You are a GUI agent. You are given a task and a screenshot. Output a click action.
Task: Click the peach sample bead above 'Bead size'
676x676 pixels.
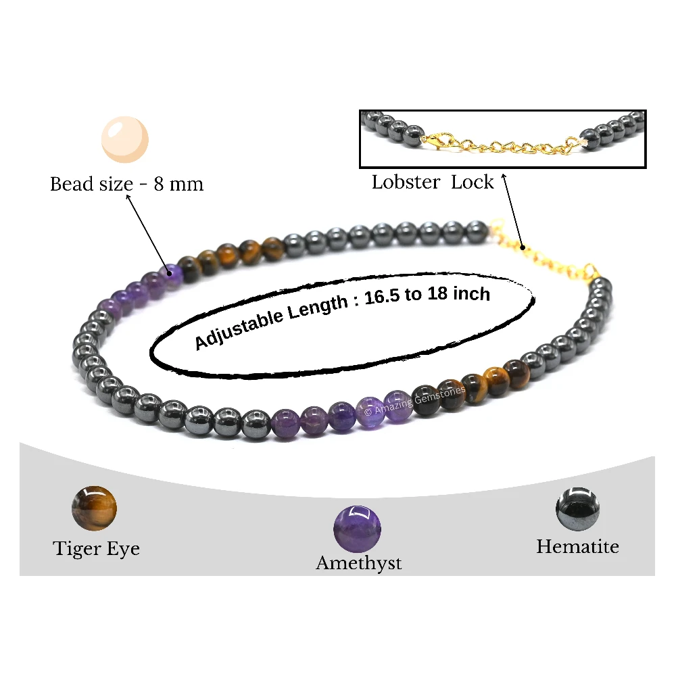(x=125, y=139)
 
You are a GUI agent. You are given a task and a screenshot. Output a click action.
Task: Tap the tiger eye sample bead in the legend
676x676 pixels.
(x=94, y=508)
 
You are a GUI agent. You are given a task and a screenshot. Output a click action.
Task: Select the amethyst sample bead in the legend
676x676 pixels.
(x=357, y=529)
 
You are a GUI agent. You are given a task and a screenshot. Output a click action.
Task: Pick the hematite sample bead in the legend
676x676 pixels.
(x=578, y=509)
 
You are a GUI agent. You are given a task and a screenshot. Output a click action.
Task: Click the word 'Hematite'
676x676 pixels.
(x=578, y=547)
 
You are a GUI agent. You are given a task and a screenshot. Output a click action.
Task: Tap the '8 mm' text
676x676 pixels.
(x=178, y=184)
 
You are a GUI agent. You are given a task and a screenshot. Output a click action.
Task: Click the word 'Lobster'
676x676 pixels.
(x=406, y=182)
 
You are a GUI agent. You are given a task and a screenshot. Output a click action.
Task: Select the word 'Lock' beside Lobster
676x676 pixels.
(x=472, y=182)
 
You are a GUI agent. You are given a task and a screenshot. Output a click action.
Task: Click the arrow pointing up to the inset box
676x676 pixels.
(x=512, y=211)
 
